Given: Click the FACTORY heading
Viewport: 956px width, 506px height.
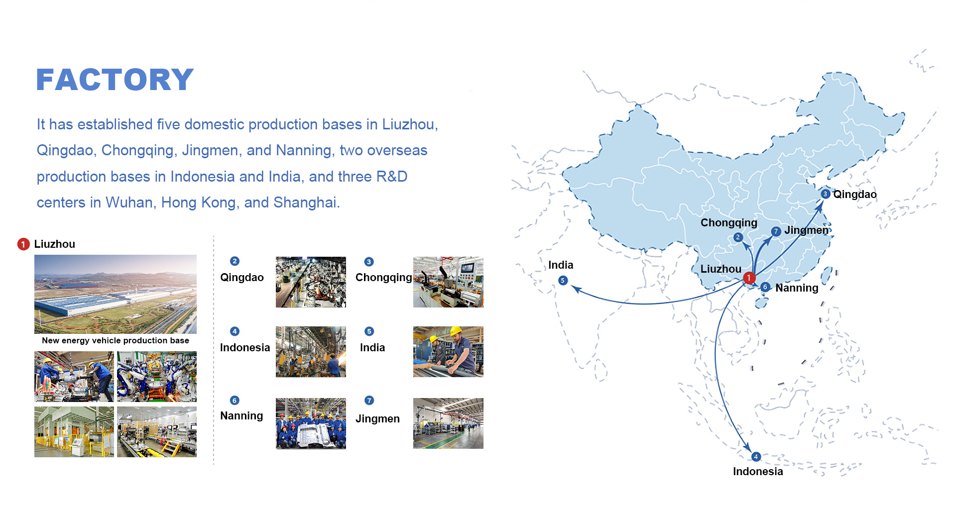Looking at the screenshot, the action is click(x=115, y=80).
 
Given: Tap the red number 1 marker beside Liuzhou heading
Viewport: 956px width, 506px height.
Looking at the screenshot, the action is click(x=23, y=244).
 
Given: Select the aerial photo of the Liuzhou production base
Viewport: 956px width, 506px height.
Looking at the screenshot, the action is click(x=116, y=294).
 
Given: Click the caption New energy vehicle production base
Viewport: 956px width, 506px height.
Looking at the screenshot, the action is click(x=116, y=341).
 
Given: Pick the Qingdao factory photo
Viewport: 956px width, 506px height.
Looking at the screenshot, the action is click(x=311, y=282).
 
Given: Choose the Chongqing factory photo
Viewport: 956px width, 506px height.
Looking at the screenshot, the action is click(x=448, y=282).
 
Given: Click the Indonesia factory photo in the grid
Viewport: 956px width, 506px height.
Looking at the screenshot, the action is click(x=311, y=352).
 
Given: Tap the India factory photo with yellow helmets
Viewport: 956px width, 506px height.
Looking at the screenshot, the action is click(x=448, y=352).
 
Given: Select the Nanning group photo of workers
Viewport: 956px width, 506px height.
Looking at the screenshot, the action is click(x=311, y=423).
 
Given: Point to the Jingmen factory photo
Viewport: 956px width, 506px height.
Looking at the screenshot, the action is click(x=448, y=423).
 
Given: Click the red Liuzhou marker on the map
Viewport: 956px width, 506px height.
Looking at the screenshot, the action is click(x=749, y=278).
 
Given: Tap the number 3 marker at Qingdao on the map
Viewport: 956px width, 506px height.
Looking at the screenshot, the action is click(x=826, y=194).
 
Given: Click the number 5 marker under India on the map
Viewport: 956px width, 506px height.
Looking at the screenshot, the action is click(x=563, y=281).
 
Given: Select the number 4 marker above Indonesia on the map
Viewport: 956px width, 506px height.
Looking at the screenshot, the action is click(x=756, y=457).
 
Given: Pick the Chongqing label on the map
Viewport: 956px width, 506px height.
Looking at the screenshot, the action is click(x=728, y=223).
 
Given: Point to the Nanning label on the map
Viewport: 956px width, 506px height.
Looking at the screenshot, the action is click(x=797, y=288).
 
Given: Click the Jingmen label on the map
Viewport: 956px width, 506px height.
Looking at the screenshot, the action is click(x=807, y=230).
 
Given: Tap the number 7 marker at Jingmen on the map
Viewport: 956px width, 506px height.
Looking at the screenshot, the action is click(x=776, y=231).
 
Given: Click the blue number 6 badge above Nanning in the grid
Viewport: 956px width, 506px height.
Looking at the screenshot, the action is click(x=235, y=401).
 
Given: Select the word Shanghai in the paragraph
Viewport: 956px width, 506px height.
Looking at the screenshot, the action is click(x=305, y=203).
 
